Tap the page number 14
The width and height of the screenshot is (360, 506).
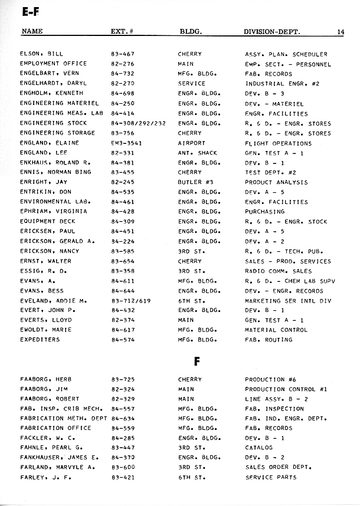pyautogui.click(x=341, y=32)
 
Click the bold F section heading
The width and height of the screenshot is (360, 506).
pyautogui.click(x=197, y=362)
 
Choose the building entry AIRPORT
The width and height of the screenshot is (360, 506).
pyautogui.click(x=192, y=143)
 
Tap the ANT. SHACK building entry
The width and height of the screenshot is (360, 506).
pyautogui.click(x=197, y=153)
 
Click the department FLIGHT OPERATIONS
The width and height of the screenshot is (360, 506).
pyautogui.click(x=278, y=143)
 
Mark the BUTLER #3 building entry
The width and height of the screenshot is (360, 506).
pyautogui.click(x=194, y=182)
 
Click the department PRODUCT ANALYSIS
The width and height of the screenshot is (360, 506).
pyautogui.click(x=276, y=182)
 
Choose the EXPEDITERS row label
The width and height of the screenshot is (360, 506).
pyautogui.click(x=40, y=340)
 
